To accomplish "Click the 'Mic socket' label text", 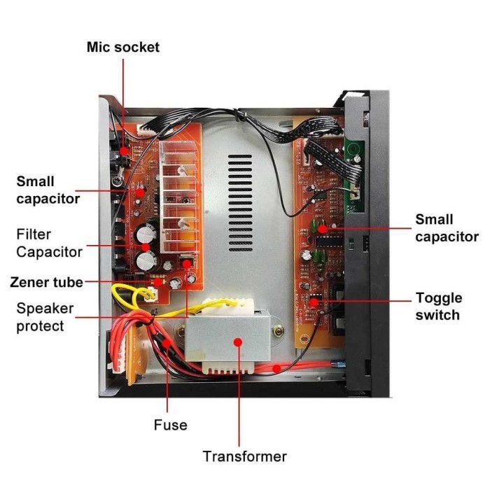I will (122, 47).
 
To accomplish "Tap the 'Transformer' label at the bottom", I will (244, 456).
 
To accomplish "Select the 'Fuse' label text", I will (170, 425).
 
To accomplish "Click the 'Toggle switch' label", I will (438, 306).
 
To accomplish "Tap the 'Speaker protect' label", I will (45, 317).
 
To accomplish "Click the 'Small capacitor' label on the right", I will (447, 228).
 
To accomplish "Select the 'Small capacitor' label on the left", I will (48, 190).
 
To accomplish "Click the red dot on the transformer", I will (238, 342).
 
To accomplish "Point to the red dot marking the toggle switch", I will (314, 302).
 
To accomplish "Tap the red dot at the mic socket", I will (124, 150).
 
